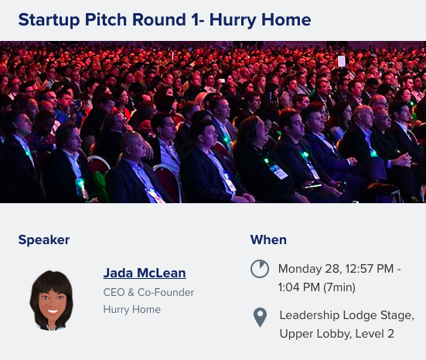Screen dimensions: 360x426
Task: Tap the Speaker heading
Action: (x=43, y=239)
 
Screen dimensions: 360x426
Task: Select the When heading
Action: (x=268, y=239)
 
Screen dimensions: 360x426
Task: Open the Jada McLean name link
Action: (x=145, y=273)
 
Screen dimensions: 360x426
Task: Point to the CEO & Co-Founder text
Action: (x=148, y=293)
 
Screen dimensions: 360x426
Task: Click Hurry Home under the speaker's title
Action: (x=132, y=310)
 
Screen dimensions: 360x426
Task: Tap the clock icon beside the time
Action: (x=260, y=269)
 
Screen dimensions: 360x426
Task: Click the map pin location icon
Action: (x=260, y=317)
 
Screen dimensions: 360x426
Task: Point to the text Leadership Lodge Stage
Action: (x=346, y=315)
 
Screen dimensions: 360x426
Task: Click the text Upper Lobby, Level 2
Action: (x=337, y=334)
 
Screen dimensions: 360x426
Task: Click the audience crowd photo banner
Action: (x=213, y=122)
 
